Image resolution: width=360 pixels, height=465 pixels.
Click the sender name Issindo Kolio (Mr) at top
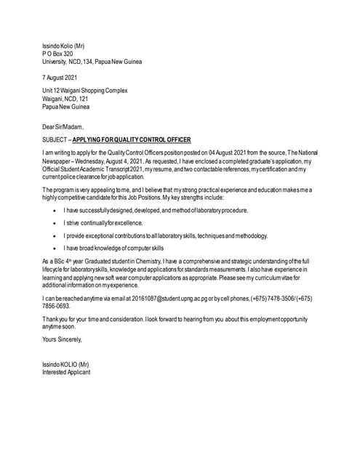point(63,46)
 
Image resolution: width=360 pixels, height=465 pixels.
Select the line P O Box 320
point(57,54)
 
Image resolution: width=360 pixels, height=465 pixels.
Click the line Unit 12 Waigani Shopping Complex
point(85,91)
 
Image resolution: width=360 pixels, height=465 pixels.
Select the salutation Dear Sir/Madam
point(63,126)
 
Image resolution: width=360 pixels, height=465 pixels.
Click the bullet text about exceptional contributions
point(166,235)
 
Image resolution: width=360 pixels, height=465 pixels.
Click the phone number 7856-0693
point(57,307)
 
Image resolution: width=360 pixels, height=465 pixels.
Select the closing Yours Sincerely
point(62,339)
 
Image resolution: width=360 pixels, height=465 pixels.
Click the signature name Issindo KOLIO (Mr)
point(65,364)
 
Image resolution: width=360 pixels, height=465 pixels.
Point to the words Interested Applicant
point(66,372)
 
